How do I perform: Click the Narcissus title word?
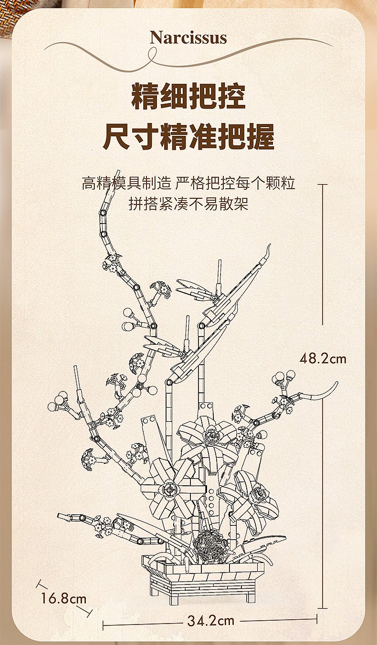(188, 38)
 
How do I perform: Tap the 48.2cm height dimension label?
(323, 359)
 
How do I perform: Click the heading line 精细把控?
(188, 96)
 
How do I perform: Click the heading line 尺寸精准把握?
(188, 136)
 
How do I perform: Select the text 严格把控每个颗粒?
(235, 183)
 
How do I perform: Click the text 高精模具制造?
(127, 183)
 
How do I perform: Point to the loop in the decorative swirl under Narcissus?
(152, 55)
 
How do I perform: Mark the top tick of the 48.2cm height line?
(323, 184)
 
